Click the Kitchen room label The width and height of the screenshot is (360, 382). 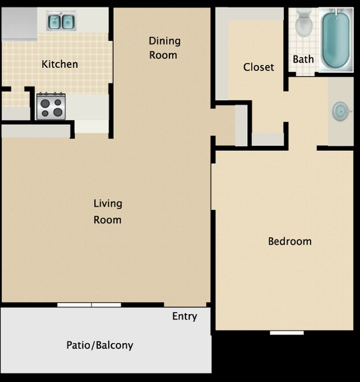click(x=60, y=64)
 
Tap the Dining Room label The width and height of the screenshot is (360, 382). click(x=164, y=48)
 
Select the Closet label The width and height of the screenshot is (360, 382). click(x=259, y=67)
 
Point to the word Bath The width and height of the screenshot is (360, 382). click(x=304, y=59)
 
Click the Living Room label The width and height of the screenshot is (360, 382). click(x=107, y=211)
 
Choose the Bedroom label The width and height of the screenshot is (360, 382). click(x=290, y=241)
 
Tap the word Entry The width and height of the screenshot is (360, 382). click(x=184, y=316)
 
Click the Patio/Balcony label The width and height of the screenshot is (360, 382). click(x=100, y=345)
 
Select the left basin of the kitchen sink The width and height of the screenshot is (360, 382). click(x=54, y=22)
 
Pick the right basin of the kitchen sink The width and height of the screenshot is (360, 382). click(x=68, y=22)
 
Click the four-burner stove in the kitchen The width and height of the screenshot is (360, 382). click(x=51, y=106)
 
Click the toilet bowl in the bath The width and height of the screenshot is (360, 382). click(x=303, y=26)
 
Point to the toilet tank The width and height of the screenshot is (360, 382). click(x=303, y=13)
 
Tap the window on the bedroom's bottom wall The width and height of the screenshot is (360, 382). click(x=287, y=333)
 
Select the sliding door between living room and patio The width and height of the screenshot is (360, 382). click(x=89, y=305)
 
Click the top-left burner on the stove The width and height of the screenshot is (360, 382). click(x=45, y=100)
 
